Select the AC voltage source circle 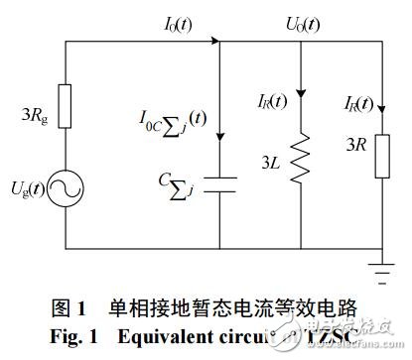pyautogui.click(x=66, y=188)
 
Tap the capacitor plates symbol pyautogui.click(x=223, y=183)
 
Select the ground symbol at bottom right pyautogui.click(x=381, y=265)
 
